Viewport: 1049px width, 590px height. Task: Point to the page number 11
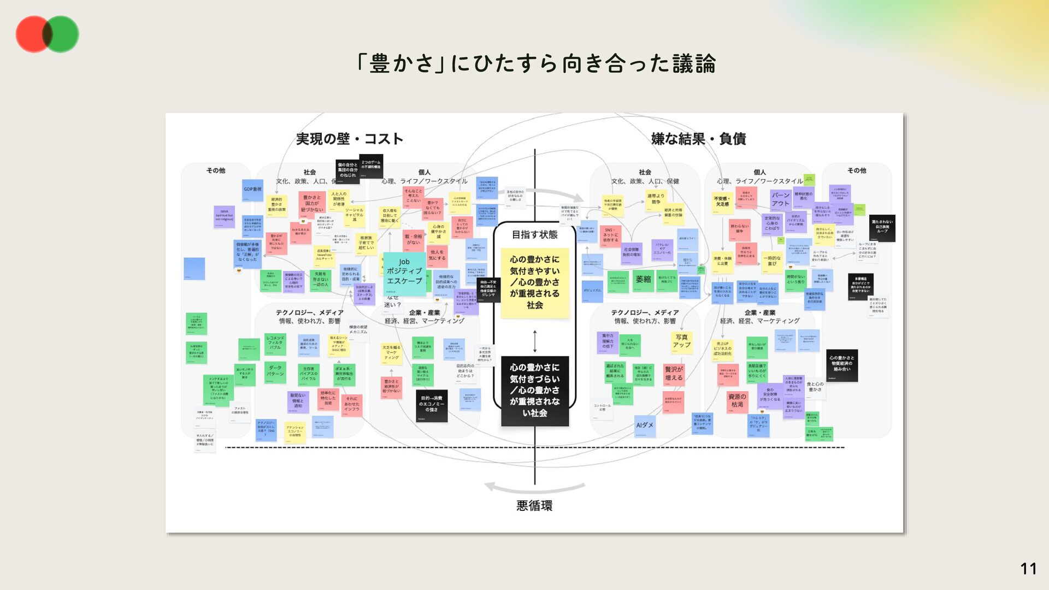(x=1028, y=569)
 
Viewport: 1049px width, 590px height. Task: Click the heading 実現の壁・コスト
(x=350, y=139)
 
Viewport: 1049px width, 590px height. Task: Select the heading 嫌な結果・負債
(x=698, y=139)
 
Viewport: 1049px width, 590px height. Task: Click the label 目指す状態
(x=534, y=234)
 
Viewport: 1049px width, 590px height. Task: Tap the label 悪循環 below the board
(x=534, y=505)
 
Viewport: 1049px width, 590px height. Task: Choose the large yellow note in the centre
(x=535, y=282)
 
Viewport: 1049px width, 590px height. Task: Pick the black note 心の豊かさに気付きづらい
(x=535, y=391)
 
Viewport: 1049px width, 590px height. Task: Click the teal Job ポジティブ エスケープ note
(x=404, y=272)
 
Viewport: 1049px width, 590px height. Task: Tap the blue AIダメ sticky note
(x=645, y=426)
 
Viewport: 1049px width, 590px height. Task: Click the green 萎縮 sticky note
(x=643, y=280)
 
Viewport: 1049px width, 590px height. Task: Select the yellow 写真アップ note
(x=681, y=342)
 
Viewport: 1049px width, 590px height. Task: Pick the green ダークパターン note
(x=275, y=372)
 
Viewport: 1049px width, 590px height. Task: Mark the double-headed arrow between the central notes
(x=535, y=341)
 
